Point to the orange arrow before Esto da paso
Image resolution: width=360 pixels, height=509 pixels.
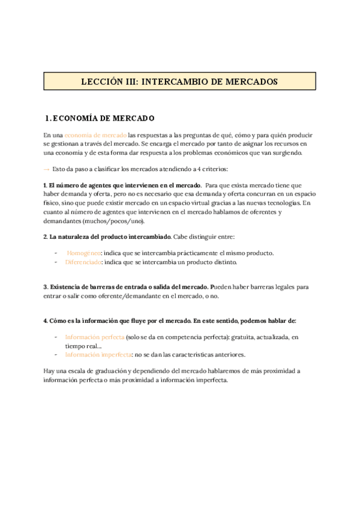(x=47, y=169)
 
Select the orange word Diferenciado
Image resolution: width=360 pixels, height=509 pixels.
(x=83, y=262)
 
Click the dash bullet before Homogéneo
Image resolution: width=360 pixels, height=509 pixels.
(x=56, y=253)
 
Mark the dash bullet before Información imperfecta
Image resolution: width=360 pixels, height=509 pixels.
(x=56, y=354)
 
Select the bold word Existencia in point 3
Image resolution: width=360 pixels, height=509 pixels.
(x=67, y=287)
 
